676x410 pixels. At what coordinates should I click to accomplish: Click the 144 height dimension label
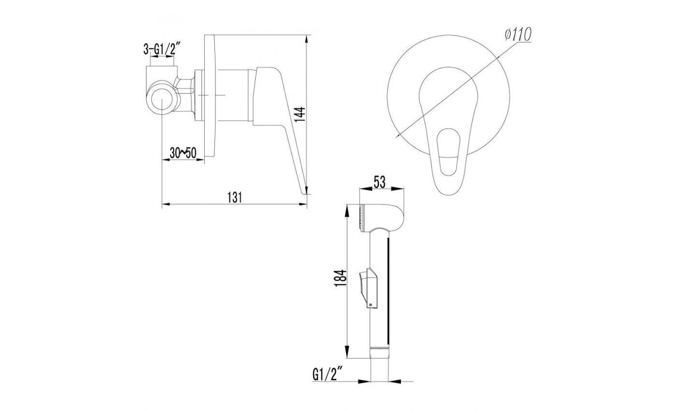pos(300,115)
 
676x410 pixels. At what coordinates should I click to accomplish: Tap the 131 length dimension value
pos(235,197)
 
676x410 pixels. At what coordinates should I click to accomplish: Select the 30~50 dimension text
pos(183,153)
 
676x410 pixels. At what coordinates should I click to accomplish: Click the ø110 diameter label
pos(518,35)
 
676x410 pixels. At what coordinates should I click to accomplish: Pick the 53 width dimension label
pos(380,182)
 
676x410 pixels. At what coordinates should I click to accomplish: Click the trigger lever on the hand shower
pos(368,288)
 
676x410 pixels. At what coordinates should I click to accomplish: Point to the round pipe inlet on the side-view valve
pos(162,98)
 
